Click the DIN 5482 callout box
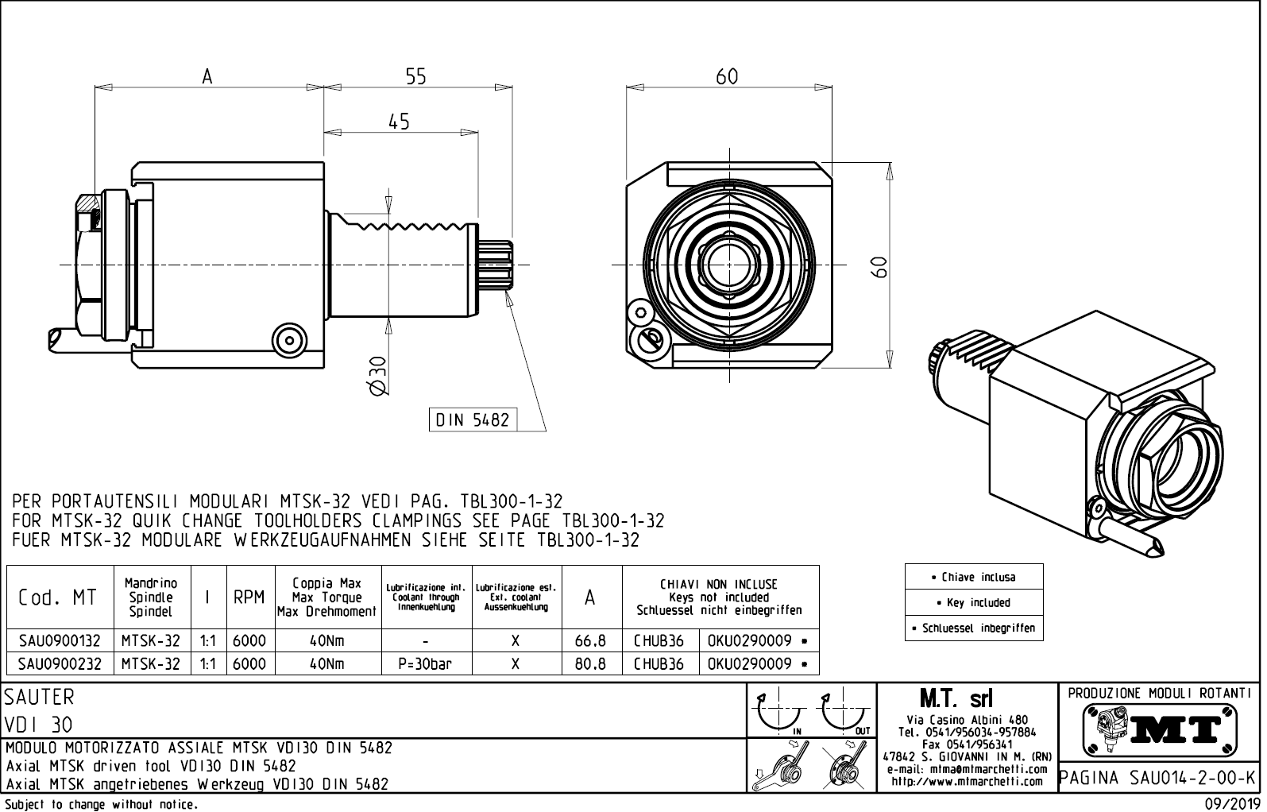point(473,420)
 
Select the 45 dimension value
point(399,122)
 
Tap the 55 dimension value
point(415,76)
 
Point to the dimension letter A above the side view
point(207,76)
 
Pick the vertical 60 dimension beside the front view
point(879,267)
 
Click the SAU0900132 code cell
point(60,640)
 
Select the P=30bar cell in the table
point(425,663)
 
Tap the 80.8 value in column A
point(590,663)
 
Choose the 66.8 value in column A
point(590,640)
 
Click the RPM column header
point(249,597)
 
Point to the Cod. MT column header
point(57,597)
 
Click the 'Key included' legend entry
point(973,602)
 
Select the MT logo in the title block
point(1160,730)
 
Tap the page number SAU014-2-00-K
point(1192,778)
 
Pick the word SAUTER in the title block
point(39,697)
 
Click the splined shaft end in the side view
point(496,265)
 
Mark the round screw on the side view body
point(290,341)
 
